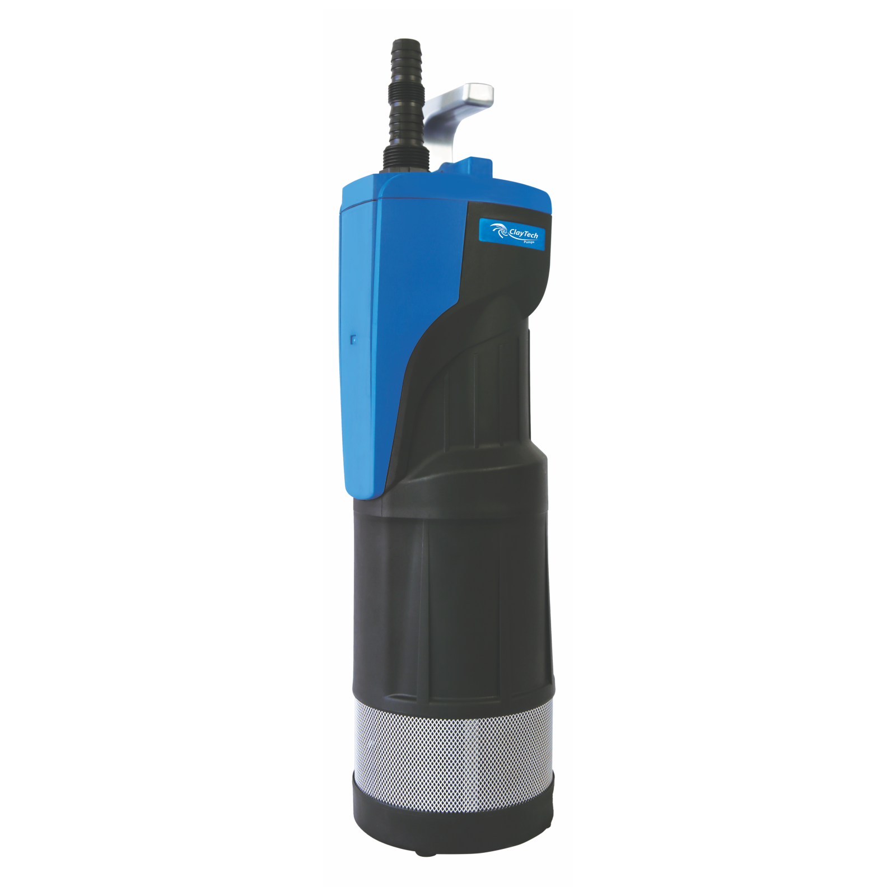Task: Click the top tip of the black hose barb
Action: (406, 43)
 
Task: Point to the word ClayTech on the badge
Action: (524, 233)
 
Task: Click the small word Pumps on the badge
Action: (530, 243)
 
